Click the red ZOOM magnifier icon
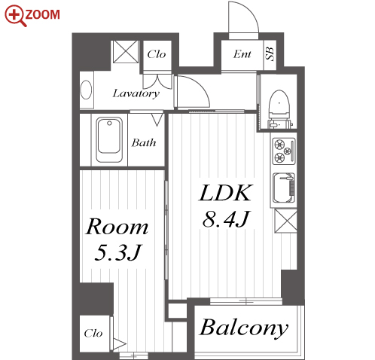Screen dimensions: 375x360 click(14, 16)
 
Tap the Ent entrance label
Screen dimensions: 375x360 click(242, 54)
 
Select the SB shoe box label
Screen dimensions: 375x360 click(270, 53)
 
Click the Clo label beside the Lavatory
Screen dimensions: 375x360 click(157, 54)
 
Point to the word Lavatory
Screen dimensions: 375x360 click(136, 93)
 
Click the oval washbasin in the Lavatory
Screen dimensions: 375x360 click(86, 90)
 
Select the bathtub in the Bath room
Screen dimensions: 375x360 click(109, 139)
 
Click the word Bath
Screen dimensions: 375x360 click(144, 142)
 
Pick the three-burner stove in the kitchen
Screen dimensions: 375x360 click(284, 151)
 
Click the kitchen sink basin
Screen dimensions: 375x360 click(284, 188)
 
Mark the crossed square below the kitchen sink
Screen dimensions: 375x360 click(285, 221)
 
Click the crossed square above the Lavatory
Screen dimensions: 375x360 click(126, 51)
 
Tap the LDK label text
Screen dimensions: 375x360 click(225, 193)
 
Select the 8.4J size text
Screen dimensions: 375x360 click(226, 219)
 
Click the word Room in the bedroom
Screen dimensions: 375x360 click(117, 227)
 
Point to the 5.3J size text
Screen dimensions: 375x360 click(118, 252)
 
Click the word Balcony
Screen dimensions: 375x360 click(244, 328)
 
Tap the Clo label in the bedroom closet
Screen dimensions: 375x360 click(93, 334)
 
